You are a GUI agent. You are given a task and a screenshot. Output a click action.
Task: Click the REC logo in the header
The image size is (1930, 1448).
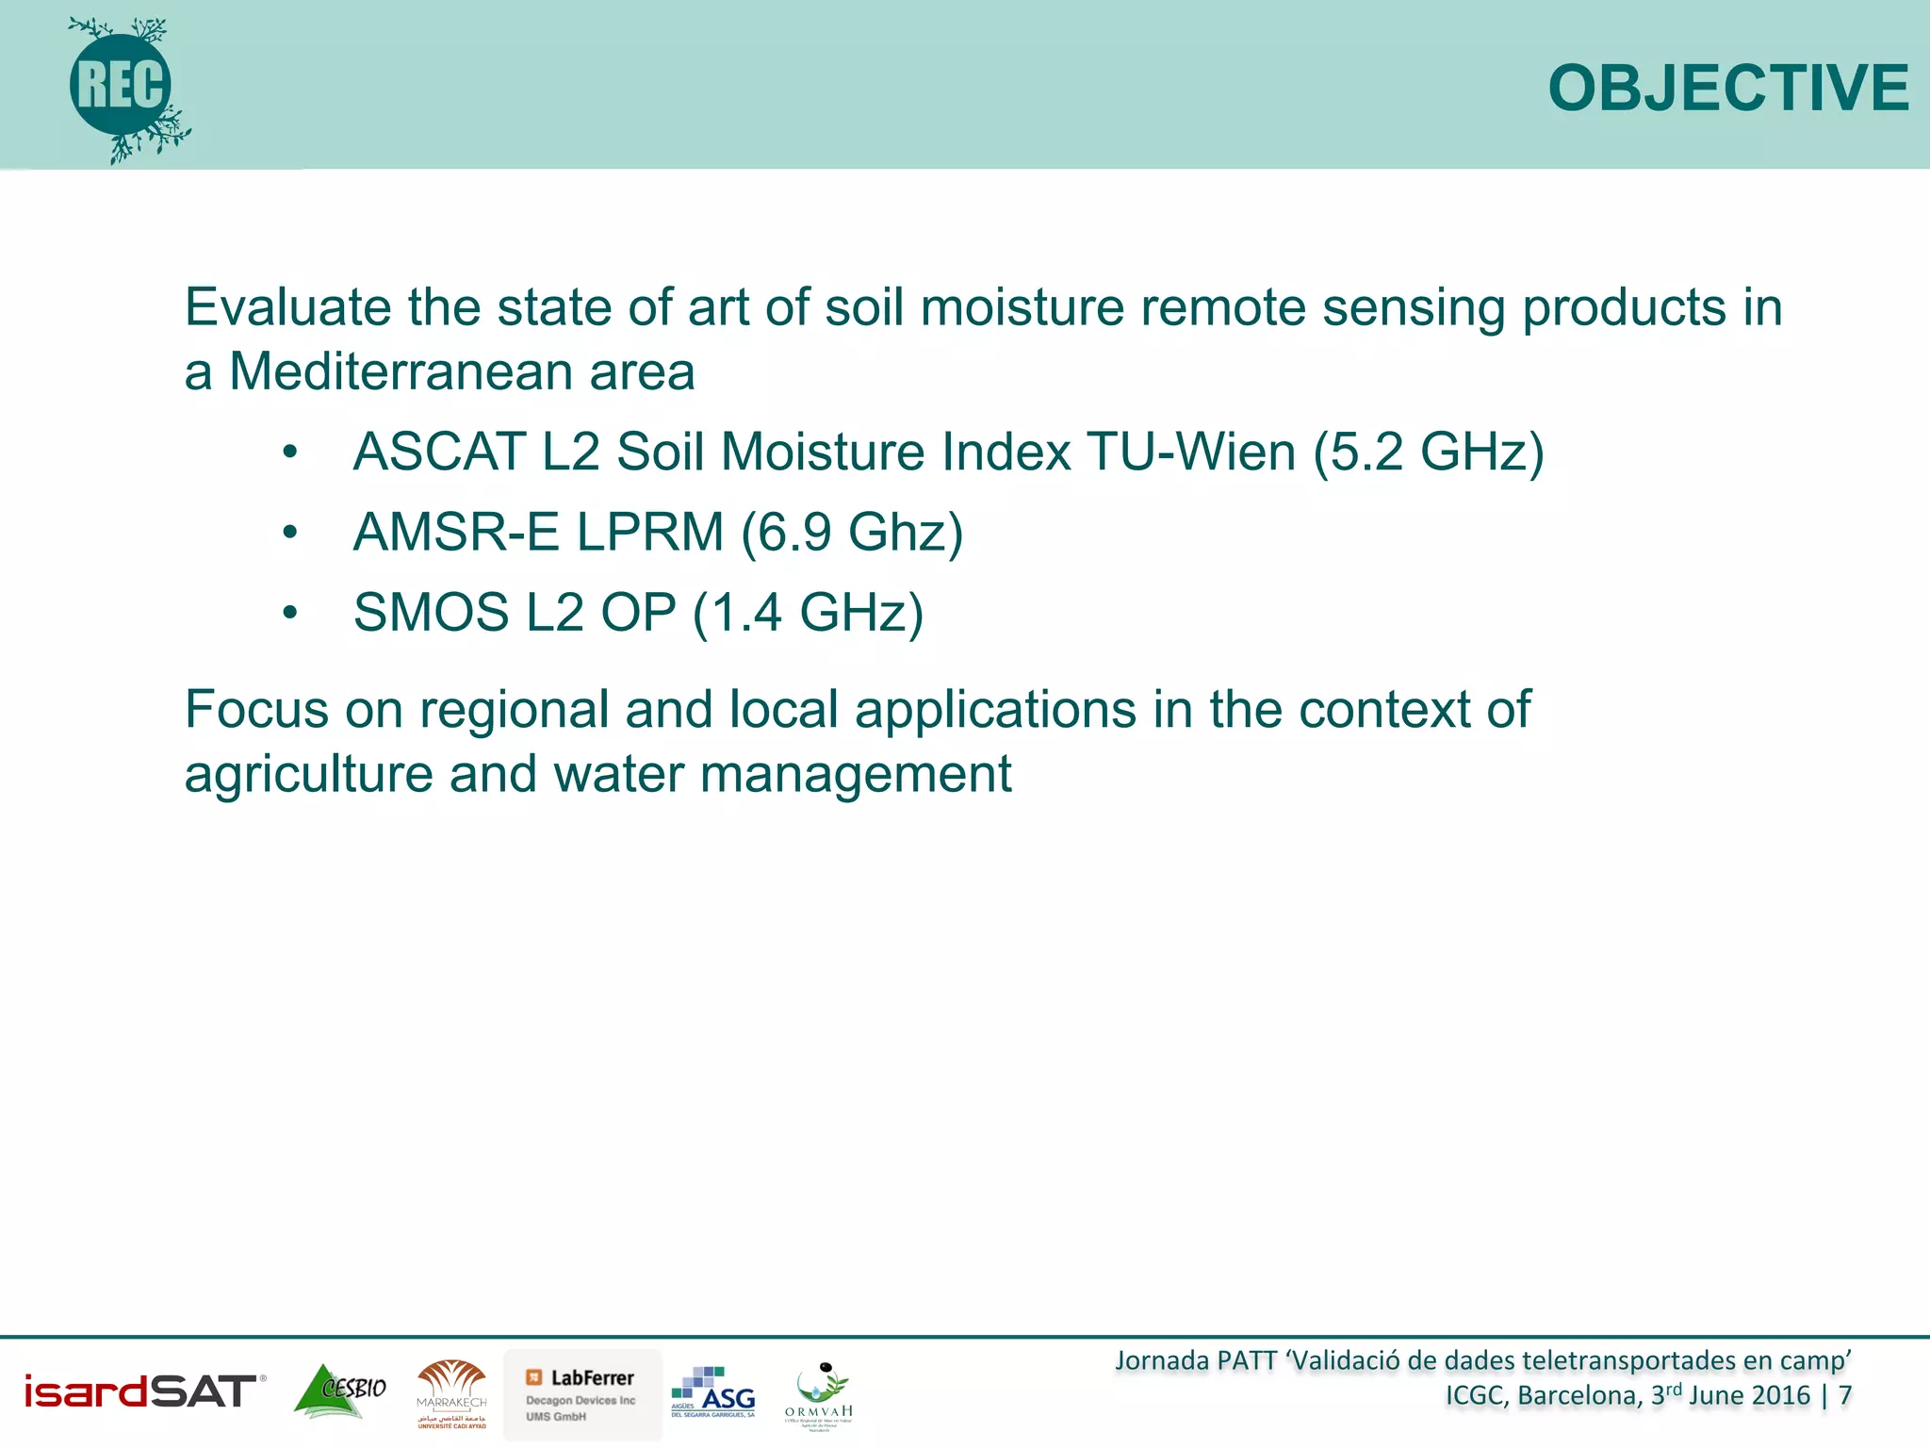(123, 87)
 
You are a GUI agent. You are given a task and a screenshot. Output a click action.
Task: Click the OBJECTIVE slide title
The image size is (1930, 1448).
(1727, 89)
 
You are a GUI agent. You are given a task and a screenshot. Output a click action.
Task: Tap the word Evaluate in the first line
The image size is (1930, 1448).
(286, 308)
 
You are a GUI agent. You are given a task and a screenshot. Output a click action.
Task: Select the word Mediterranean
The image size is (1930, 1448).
(401, 371)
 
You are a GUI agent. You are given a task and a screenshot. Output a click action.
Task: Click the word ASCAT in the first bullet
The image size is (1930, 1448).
(438, 452)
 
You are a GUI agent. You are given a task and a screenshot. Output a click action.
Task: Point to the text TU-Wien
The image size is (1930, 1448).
(1190, 452)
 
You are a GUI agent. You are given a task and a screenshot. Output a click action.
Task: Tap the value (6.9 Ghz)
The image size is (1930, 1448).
(851, 534)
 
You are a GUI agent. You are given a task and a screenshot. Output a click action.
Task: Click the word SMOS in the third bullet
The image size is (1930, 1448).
(431, 613)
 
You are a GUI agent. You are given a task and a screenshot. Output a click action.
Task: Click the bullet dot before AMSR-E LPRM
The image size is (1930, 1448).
(290, 534)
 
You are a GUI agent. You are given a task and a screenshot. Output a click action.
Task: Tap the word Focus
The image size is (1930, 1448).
(256, 710)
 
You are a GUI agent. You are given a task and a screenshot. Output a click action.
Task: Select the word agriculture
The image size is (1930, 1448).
(307, 775)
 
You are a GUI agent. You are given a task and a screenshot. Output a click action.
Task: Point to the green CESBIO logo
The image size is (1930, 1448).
(340, 1391)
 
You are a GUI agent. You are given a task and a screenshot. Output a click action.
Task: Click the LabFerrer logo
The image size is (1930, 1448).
(582, 1394)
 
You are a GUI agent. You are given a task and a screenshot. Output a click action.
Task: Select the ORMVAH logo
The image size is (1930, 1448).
(819, 1395)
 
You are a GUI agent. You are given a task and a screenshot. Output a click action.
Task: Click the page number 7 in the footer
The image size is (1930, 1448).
(1844, 1395)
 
